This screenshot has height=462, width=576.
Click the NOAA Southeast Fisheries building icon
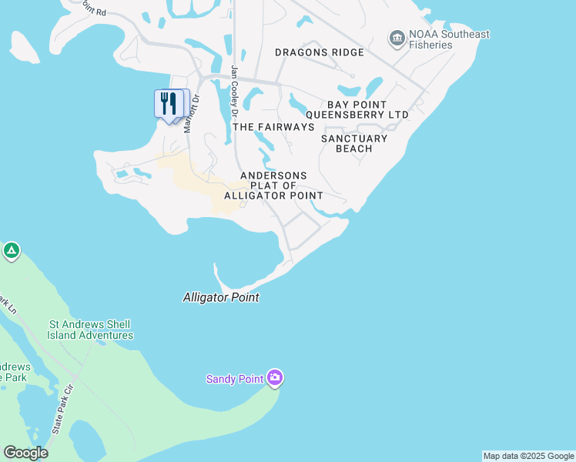pyautogui.click(x=397, y=38)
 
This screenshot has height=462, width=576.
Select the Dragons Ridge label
pyautogui.click(x=319, y=52)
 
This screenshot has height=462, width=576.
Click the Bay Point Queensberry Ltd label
pyautogui.click(x=367, y=109)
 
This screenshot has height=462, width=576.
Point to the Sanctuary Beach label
pyautogui.click(x=354, y=143)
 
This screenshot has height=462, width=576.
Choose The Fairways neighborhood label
pyautogui.click(x=273, y=126)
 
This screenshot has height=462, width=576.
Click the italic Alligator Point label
pyautogui.click(x=221, y=297)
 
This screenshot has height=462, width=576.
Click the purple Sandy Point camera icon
pyautogui.click(x=275, y=377)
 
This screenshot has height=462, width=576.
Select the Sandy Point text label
pyautogui.click(x=235, y=379)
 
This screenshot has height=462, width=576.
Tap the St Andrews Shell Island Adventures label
pyautogui.click(x=90, y=330)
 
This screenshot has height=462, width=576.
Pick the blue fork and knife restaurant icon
pyautogui.click(x=169, y=103)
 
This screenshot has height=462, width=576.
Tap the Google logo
pyautogui.click(x=25, y=453)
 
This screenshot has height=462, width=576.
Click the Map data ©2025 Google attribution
pyautogui.click(x=528, y=456)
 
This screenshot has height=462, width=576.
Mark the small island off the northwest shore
pyautogui.click(x=24, y=48)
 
